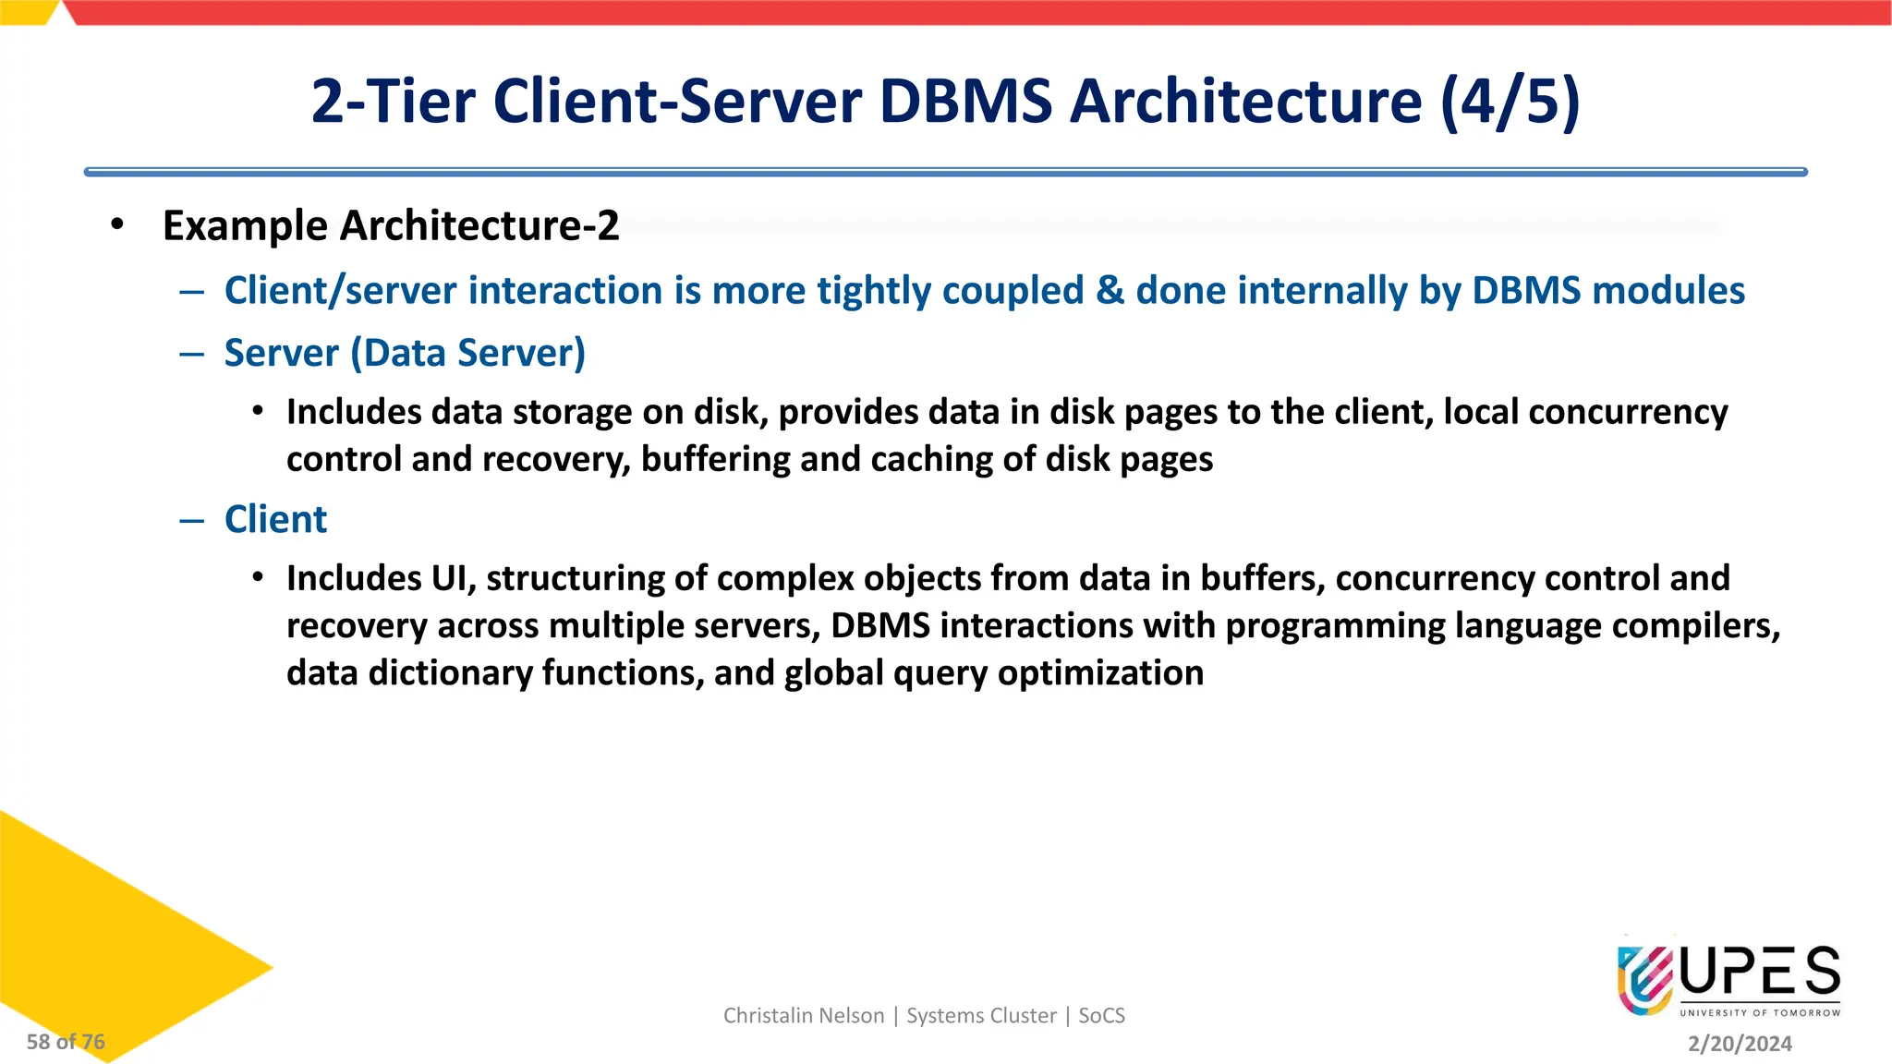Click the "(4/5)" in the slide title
coord(1510,101)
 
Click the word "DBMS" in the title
coord(965,101)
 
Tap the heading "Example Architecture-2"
coord(390,226)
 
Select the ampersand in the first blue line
coord(1110,291)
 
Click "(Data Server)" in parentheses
coord(467,354)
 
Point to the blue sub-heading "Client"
coord(275,520)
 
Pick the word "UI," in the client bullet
coord(453,579)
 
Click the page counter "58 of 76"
coord(66,1042)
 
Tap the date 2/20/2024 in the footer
coord(1740,1044)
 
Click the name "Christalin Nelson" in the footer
coord(803,1016)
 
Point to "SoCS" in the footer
coord(1101,1016)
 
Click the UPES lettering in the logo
coord(1760,972)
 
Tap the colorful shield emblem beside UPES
coord(1644,979)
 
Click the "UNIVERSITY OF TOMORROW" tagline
coord(1760,1013)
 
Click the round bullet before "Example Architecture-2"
coord(116,224)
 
